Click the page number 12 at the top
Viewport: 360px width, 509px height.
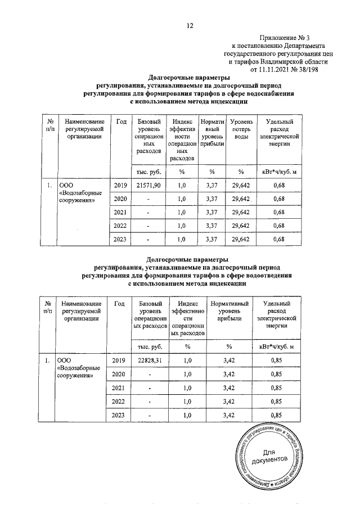(190, 25)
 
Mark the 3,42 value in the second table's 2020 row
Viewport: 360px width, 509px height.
(229, 374)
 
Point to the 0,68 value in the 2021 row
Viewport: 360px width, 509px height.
(278, 213)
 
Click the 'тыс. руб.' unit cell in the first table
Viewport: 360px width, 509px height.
(149, 171)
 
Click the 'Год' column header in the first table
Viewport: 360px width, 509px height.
(120, 122)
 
